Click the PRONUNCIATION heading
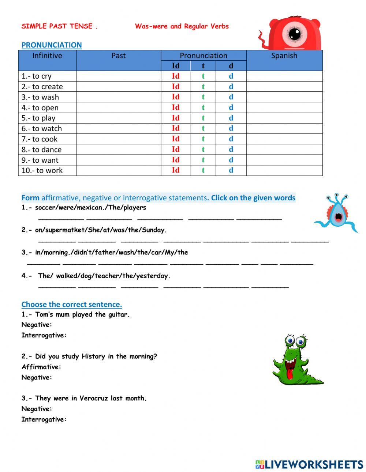52,45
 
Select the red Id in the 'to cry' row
176,76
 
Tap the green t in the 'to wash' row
203,97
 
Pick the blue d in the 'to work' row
231,170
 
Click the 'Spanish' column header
284,56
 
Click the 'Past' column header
118,56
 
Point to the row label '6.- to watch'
42,128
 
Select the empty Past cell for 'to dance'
118,149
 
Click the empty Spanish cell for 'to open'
284,107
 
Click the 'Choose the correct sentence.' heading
72,304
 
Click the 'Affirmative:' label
41,367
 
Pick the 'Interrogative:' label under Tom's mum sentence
44,335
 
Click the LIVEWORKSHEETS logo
309,464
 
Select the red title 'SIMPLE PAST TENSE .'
59,26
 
